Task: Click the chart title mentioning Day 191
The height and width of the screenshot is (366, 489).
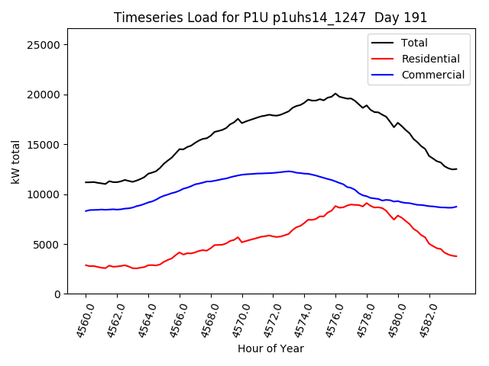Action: [270, 18]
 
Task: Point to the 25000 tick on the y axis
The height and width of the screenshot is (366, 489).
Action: [44, 45]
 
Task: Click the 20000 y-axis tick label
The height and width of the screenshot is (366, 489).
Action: [44, 95]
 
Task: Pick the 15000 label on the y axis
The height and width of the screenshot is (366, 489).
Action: [44, 145]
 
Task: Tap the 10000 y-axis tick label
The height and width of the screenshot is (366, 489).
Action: [44, 194]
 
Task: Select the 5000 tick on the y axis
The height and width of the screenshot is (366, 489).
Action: [47, 245]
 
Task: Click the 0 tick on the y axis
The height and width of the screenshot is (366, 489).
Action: [57, 294]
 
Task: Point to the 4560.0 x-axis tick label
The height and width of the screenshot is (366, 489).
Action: [80, 320]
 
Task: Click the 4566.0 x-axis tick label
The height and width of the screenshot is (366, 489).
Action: [174, 320]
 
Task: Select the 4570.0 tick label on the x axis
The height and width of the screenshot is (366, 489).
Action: [237, 320]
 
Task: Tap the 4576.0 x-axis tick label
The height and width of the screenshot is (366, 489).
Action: [331, 320]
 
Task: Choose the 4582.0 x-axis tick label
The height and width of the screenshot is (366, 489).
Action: [424, 320]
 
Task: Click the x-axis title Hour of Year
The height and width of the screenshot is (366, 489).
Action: [270, 348]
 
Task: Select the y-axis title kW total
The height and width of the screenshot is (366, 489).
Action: [15, 162]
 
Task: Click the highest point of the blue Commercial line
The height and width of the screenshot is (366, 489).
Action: [288, 171]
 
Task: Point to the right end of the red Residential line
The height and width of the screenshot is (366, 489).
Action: [456, 256]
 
